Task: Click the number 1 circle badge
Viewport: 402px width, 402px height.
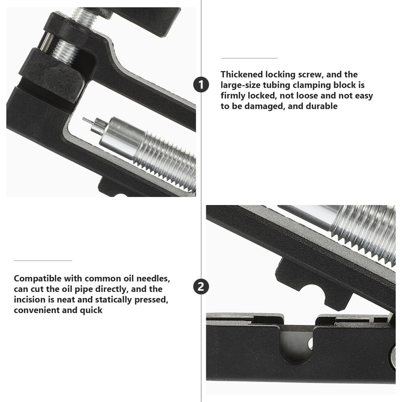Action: [201, 85]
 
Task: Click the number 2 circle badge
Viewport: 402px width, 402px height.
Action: [201, 286]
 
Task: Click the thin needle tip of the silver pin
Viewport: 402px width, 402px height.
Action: [84, 119]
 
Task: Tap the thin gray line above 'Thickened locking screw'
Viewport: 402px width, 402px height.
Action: [249, 58]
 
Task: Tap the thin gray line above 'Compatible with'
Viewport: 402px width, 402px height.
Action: [43, 260]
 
